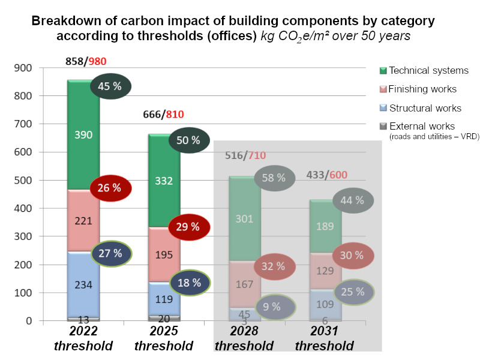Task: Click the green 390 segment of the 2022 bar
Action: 83,135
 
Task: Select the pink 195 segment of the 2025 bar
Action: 164,254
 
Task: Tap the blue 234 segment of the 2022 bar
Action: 83,285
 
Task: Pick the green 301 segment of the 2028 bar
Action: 244,218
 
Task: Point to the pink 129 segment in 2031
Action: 325,254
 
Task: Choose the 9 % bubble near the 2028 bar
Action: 272,307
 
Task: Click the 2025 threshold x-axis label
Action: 163,340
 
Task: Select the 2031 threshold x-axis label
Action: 324,340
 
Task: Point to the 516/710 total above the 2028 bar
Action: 244,156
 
